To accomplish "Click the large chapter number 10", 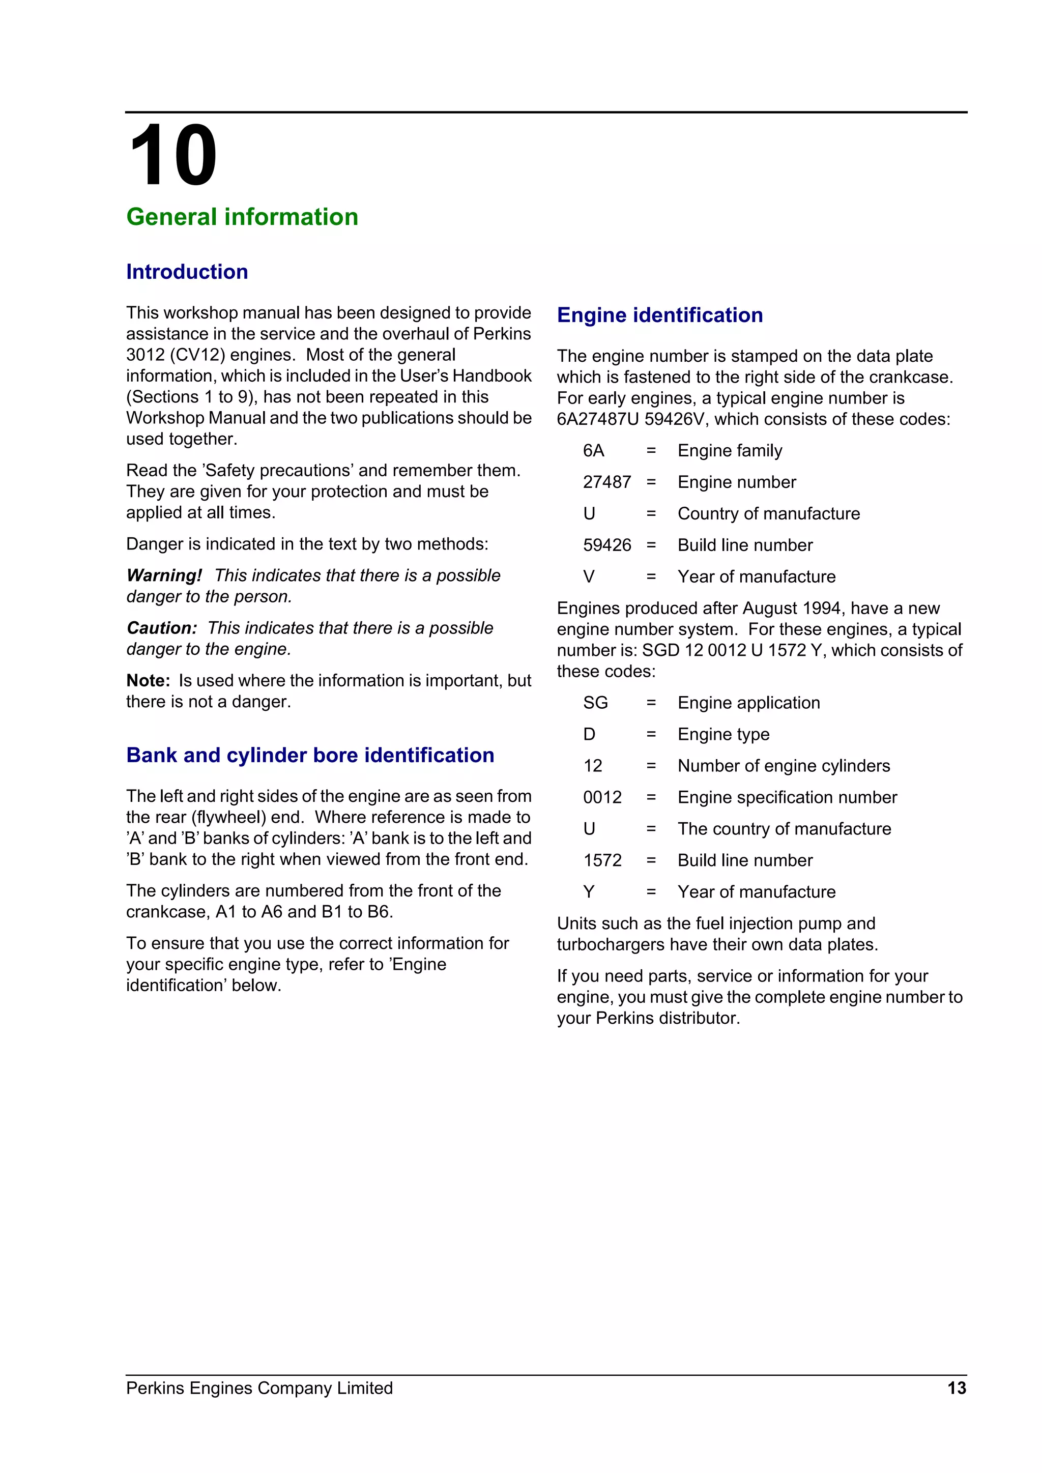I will (x=172, y=156).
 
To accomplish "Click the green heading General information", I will (x=242, y=217).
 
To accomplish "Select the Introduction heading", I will (x=187, y=272).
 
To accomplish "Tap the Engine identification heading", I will (x=659, y=315).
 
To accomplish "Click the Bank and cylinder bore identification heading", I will (x=310, y=755).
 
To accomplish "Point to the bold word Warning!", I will (x=164, y=575).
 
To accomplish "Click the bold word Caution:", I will (x=162, y=628).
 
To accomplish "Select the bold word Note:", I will (x=148, y=681).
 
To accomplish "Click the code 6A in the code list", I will (x=594, y=451).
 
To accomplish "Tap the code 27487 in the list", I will (x=606, y=482).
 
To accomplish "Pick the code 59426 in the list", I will (x=606, y=545).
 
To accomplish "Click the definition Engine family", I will (x=730, y=451).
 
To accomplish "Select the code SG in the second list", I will (x=595, y=703).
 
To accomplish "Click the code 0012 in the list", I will (x=602, y=797).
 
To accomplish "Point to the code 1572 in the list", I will (x=602, y=860).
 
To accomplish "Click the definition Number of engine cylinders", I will (x=784, y=766).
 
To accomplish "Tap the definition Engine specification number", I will (x=787, y=797).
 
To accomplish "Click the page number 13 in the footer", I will (x=956, y=1389).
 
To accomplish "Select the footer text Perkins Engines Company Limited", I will (x=259, y=1389).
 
